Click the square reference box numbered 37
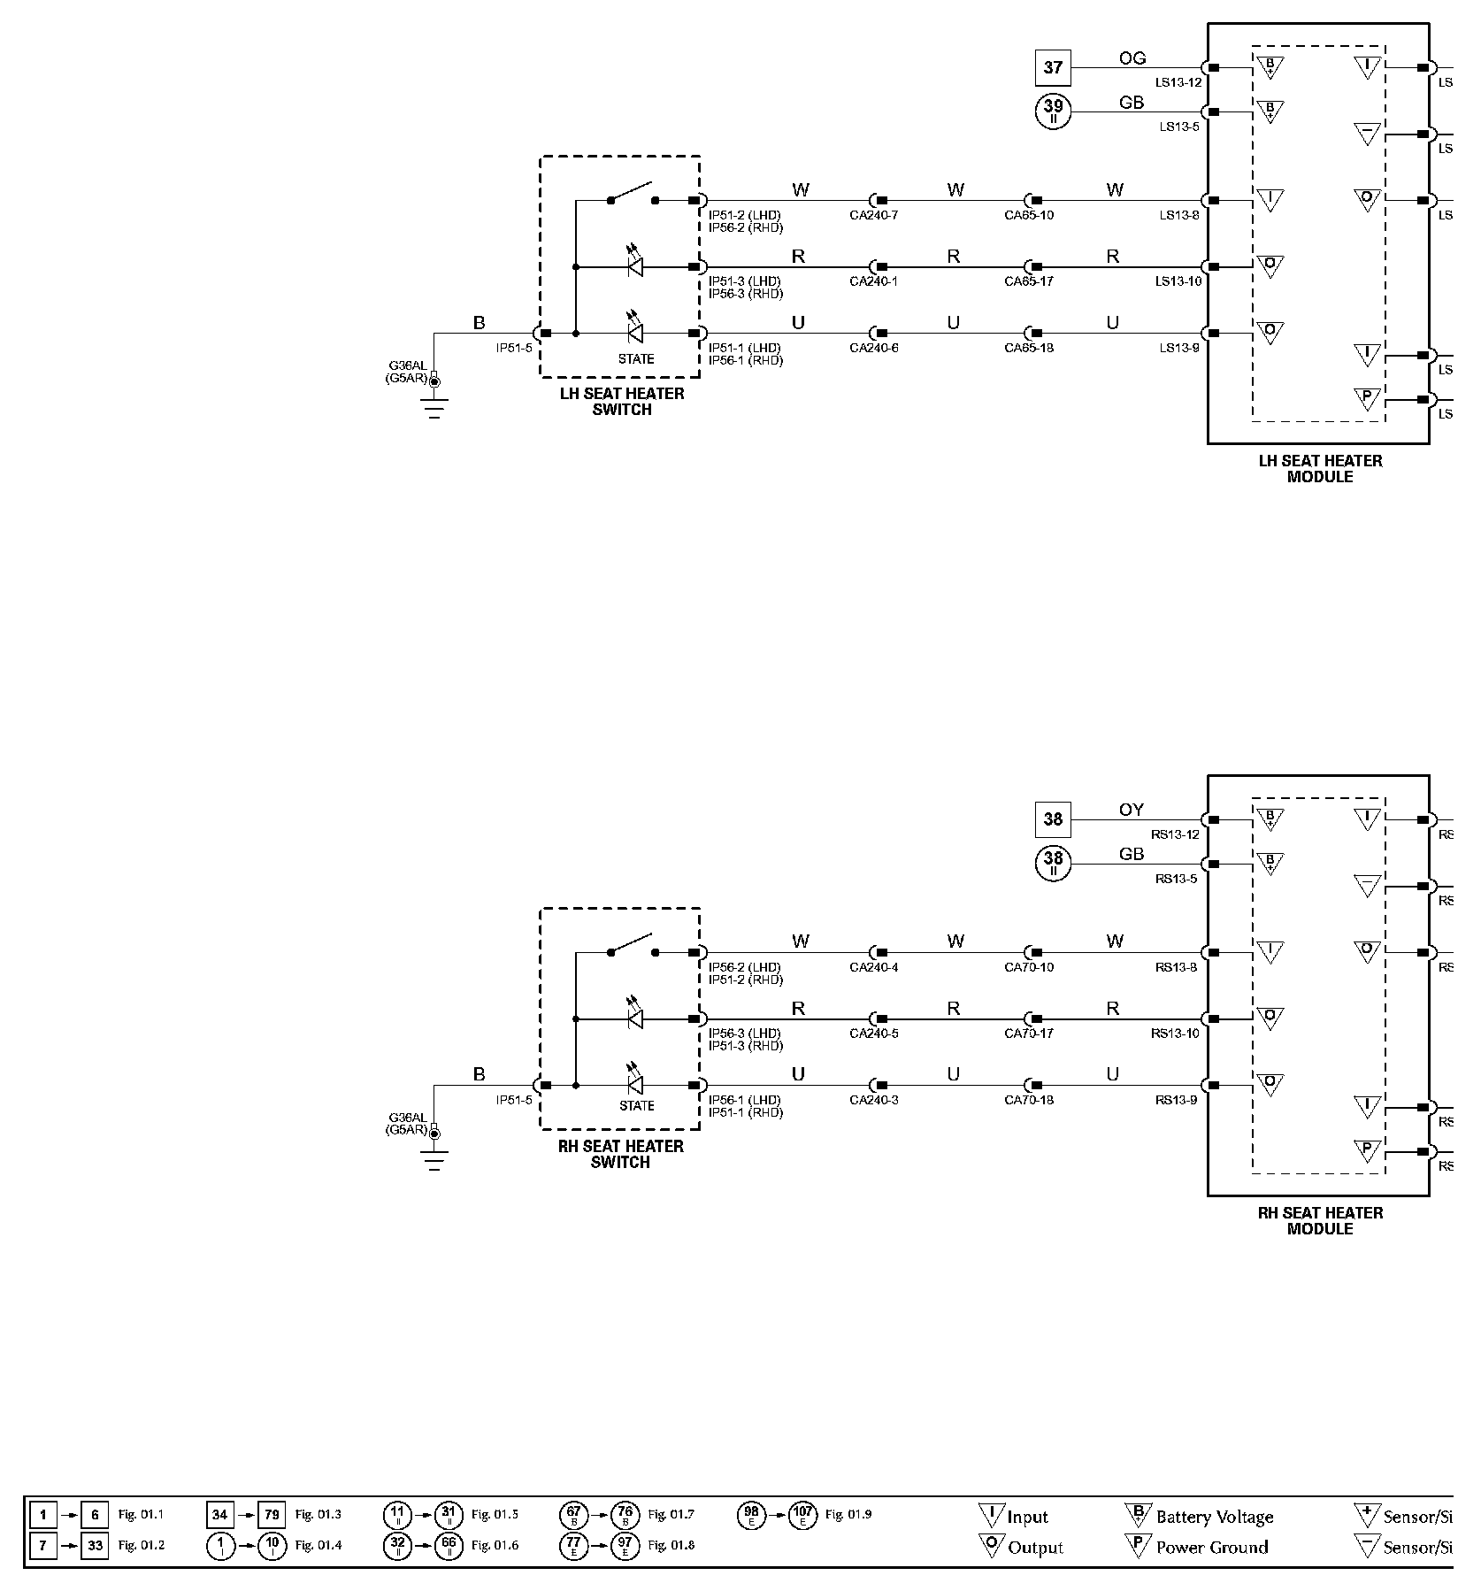pos(1053,67)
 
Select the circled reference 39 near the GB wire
pos(1053,111)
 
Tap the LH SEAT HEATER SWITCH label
pos(622,402)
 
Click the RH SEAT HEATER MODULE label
pos(1320,1220)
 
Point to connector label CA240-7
pos(874,215)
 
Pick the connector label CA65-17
pos(1029,281)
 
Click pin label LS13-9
pos(1179,348)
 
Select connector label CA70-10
pos(1029,967)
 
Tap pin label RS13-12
pos(1175,834)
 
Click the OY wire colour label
pos(1131,810)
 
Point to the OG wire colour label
pos(1132,58)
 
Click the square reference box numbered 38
pos(1053,819)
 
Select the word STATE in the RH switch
pos(636,1105)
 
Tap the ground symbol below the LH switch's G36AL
pos(434,409)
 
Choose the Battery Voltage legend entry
pos(1214,1517)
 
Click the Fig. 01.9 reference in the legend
pos(848,1514)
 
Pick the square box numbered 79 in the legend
pos(272,1515)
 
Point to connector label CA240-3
pos(874,1100)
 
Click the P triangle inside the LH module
pos(1367,398)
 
